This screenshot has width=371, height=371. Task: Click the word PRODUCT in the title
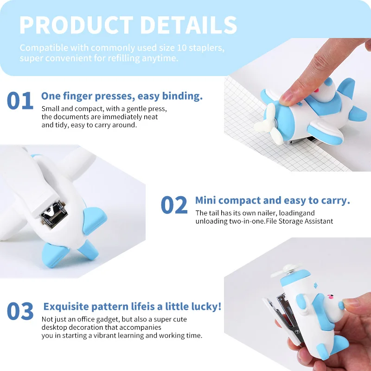coord(77,25)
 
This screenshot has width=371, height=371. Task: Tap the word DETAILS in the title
coord(189,25)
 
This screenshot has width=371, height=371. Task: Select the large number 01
coord(20,101)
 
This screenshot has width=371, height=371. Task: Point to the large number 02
coord(174,205)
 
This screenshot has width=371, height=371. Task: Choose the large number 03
coord(20,311)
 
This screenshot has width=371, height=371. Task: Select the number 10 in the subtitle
coord(182,48)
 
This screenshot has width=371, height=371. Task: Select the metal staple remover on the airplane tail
coord(54,215)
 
